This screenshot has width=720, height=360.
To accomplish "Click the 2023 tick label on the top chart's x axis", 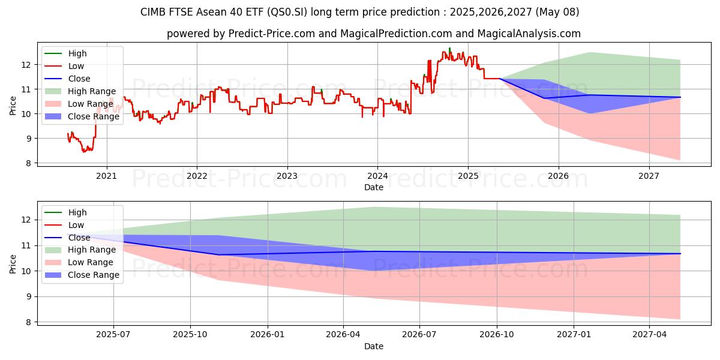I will [x=287, y=176].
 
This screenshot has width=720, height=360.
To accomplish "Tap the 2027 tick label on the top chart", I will [x=649, y=176].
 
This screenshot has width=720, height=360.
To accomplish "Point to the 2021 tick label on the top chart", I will [x=106, y=176].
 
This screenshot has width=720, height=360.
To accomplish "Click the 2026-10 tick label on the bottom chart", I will [x=497, y=335].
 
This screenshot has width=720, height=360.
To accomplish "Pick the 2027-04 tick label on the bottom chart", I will [x=650, y=335].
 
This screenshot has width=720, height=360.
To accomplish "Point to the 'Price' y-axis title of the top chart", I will [x=13, y=106].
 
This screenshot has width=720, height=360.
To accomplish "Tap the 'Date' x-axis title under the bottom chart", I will [x=373, y=346].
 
